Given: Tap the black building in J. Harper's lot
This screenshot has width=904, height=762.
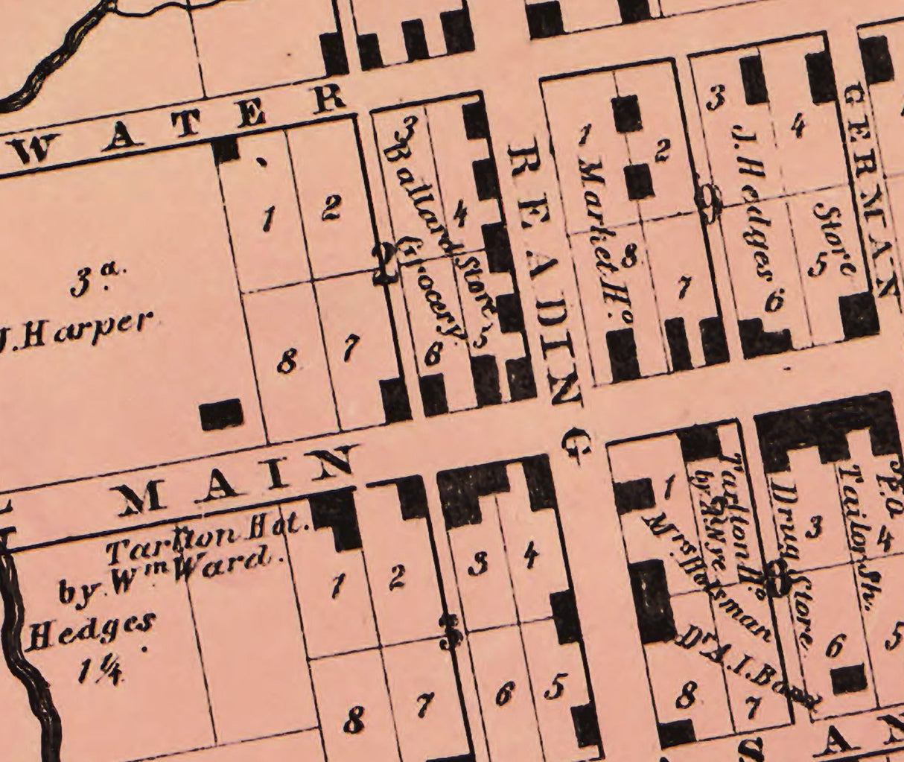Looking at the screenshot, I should pyautogui.click(x=221, y=414).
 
